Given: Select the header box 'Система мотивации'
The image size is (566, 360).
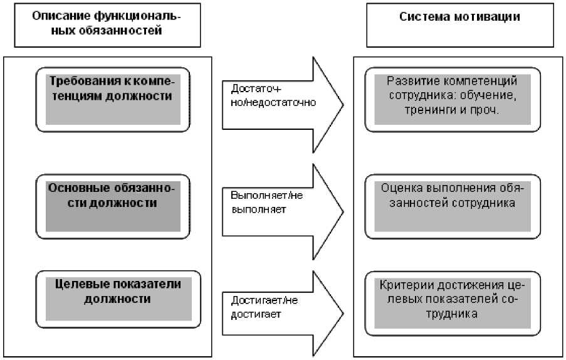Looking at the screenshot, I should click(459, 24).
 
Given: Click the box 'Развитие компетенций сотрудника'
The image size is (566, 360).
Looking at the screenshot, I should click(451, 98).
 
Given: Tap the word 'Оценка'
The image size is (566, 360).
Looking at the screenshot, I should click(402, 188).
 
